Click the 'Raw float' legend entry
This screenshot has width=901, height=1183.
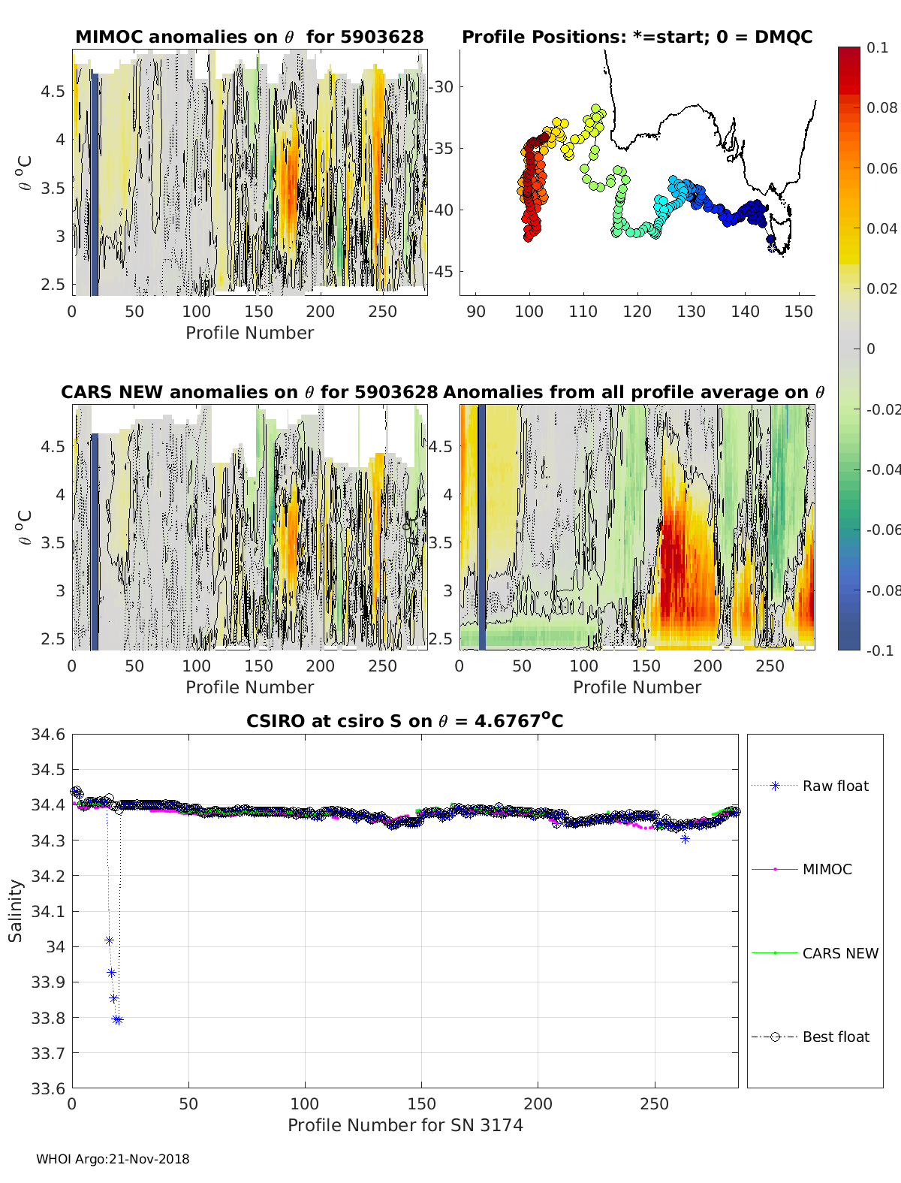coord(835,786)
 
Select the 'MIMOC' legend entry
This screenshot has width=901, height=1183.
coord(827,870)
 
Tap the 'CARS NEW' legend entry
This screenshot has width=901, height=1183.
coord(839,954)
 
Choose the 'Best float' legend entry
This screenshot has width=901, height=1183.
coord(835,1037)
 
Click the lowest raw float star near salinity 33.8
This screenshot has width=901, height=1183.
coord(117,1020)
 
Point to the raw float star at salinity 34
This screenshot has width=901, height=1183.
coord(109,940)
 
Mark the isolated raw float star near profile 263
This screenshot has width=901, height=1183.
coord(685,839)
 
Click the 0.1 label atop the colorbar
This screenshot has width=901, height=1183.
coord(877,47)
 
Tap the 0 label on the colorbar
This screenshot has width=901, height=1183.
coord(871,349)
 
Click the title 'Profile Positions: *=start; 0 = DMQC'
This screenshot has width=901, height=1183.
coord(637,37)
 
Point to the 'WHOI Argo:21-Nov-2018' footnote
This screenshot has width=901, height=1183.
coord(113,1159)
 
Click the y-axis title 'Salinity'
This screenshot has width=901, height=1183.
coord(16,911)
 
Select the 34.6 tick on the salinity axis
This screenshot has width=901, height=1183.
coord(47,735)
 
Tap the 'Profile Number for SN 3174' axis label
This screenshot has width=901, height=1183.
coord(405,1125)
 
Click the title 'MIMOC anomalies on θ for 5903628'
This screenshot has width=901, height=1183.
coord(249,37)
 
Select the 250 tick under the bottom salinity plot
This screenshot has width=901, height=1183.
coord(654,1104)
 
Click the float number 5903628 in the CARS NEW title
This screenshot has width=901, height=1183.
coord(396,392)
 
